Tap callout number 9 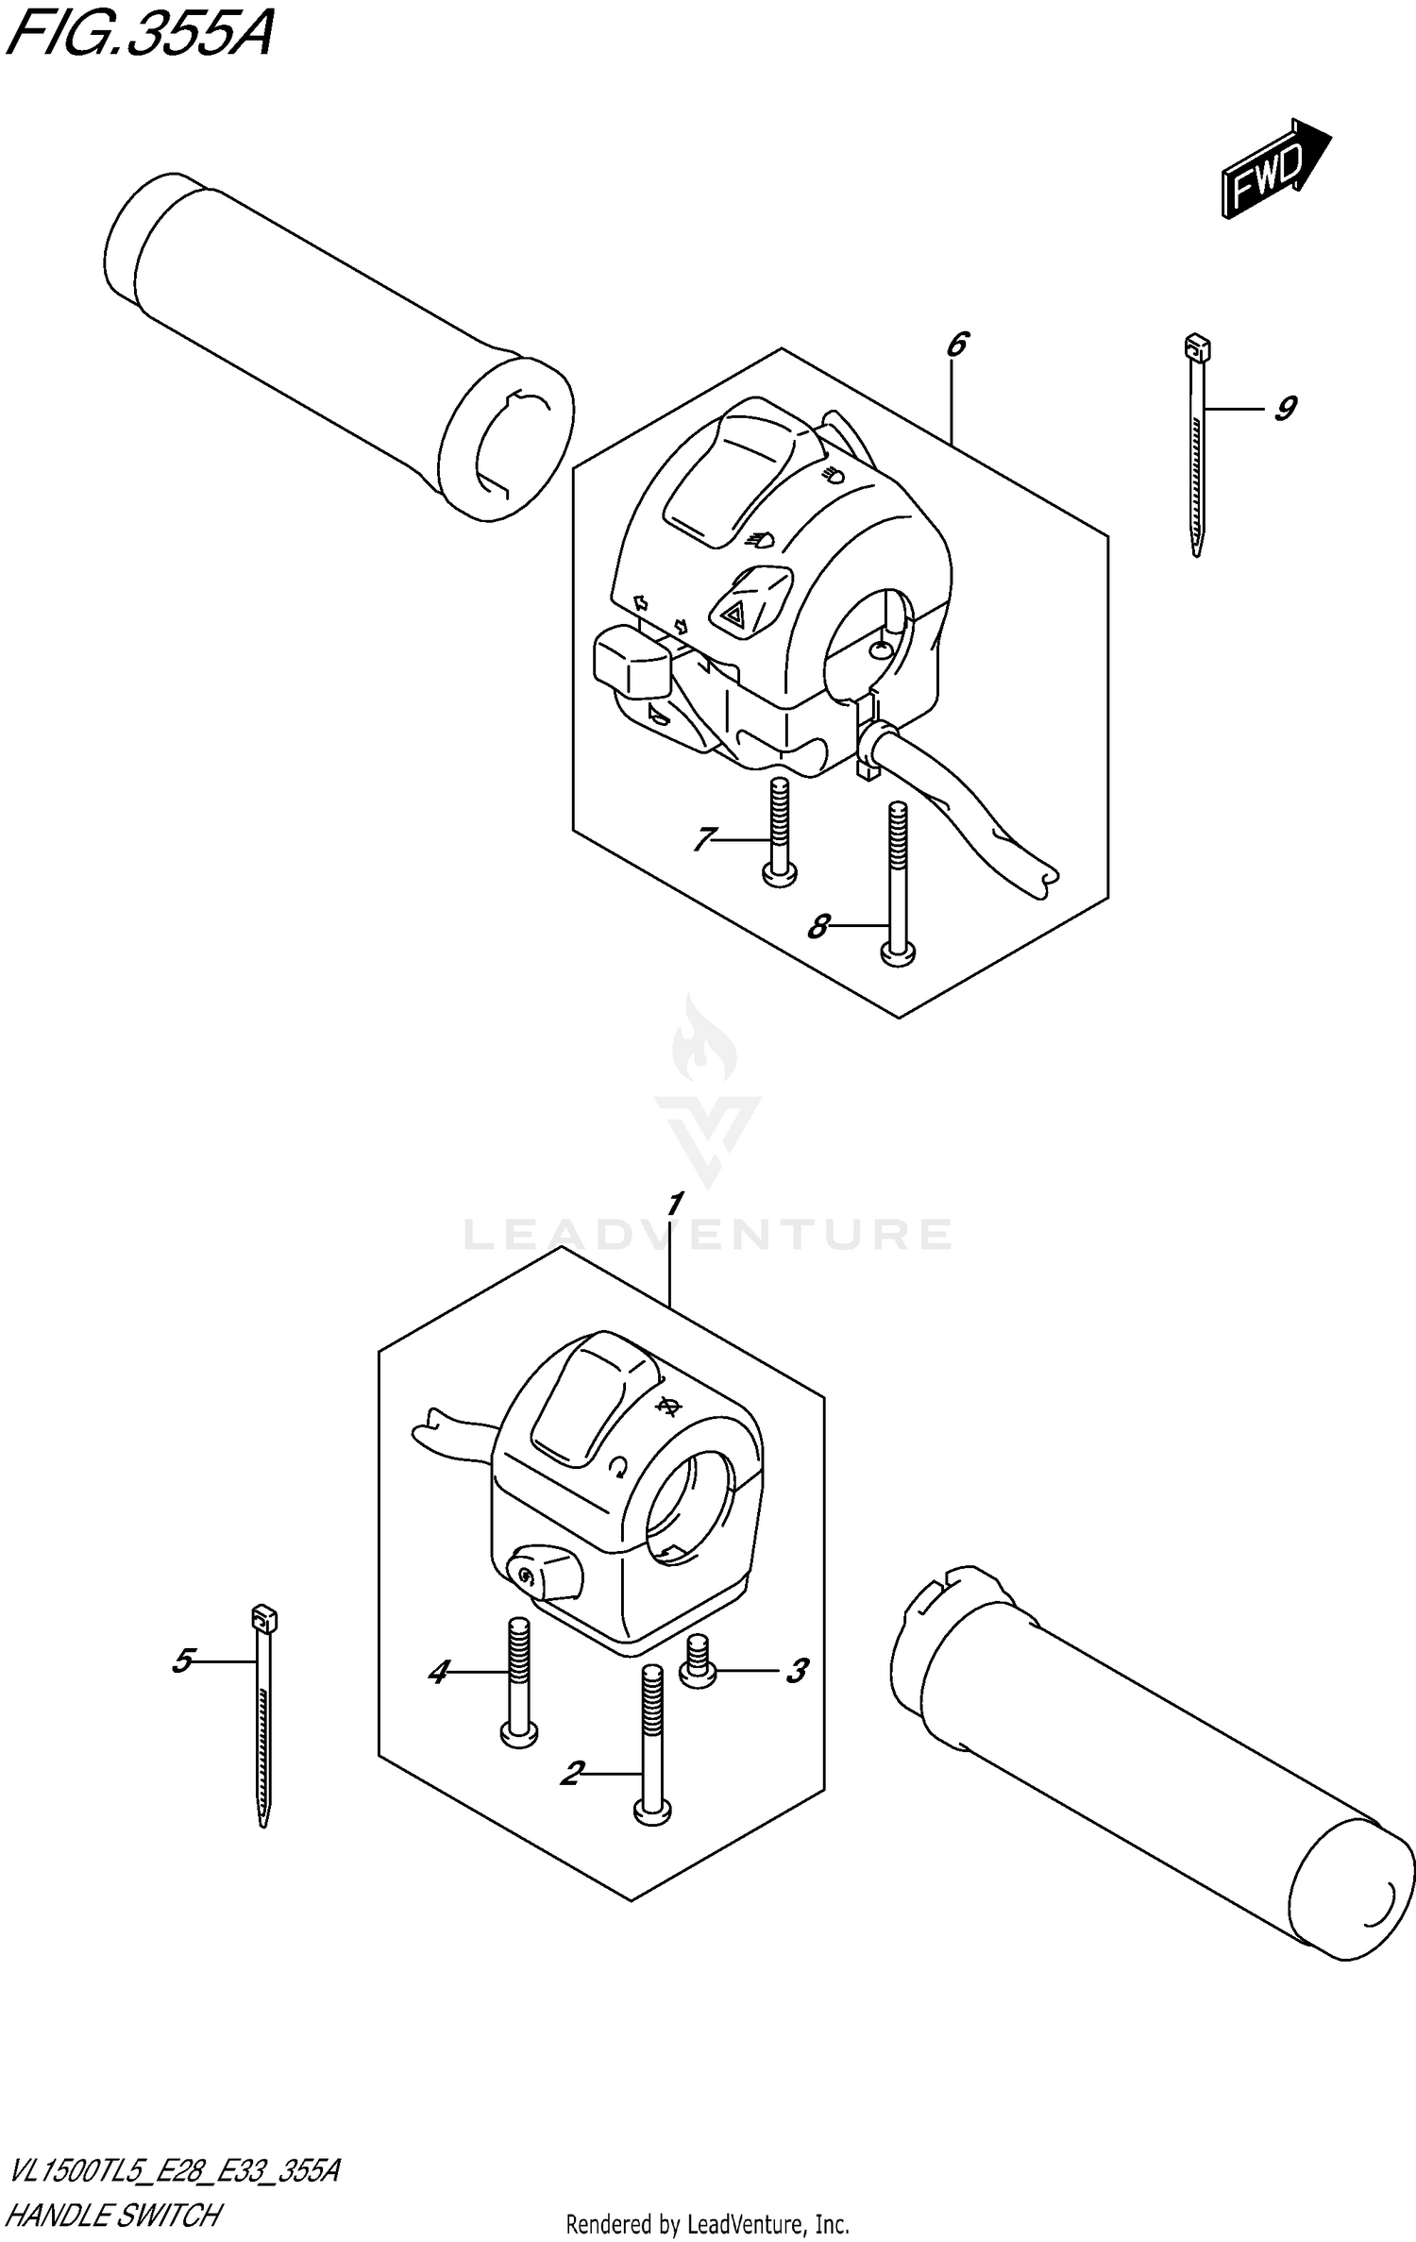(x=1284, y=409)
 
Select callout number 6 (x=956, y=345)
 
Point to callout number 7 (x=703, y=838)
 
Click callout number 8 (x=818, y=927)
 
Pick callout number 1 (x=674, y=1205)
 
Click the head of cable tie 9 (x=1196, y=348)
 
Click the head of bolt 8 (x=898, y=956)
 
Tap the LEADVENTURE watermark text (x=708, y=1235)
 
